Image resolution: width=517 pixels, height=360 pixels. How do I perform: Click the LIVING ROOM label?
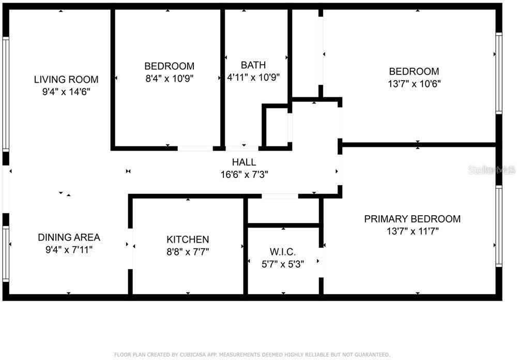coord(66,80)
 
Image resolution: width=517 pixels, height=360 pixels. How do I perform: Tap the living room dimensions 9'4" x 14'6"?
coord(66,92)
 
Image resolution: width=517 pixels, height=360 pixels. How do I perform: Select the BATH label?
coord(253,65)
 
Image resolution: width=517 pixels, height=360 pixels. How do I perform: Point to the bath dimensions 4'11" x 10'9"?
coord(253,77)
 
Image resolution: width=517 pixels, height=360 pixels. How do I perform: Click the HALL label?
coord(244,162)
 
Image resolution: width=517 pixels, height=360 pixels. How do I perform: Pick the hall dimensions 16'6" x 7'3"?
coord(244,174)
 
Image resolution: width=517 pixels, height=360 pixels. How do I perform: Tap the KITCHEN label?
coord(188,239)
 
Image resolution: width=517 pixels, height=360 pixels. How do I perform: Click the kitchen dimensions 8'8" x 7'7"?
coord(188,252)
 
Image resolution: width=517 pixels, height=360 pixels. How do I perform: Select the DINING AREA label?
coord(69,237)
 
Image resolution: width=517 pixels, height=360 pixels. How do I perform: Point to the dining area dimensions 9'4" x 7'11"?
coord(69,250)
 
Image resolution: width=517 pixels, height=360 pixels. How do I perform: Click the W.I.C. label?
coord(283,252)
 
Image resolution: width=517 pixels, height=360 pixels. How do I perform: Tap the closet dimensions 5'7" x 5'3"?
coord(283,264)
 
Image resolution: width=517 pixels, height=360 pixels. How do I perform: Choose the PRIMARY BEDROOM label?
coord(412,219)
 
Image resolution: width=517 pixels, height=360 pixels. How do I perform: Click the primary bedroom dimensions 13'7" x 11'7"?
coord(412,231)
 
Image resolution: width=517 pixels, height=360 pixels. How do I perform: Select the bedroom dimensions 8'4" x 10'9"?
coord(170,79)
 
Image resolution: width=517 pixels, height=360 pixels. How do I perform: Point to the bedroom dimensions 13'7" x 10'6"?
coord(414,84)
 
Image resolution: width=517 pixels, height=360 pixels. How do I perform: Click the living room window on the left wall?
coord(6,94)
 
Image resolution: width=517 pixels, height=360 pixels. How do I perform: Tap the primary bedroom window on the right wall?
coord(499,226)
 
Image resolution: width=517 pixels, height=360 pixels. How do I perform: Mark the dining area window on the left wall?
coord(6,254)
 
